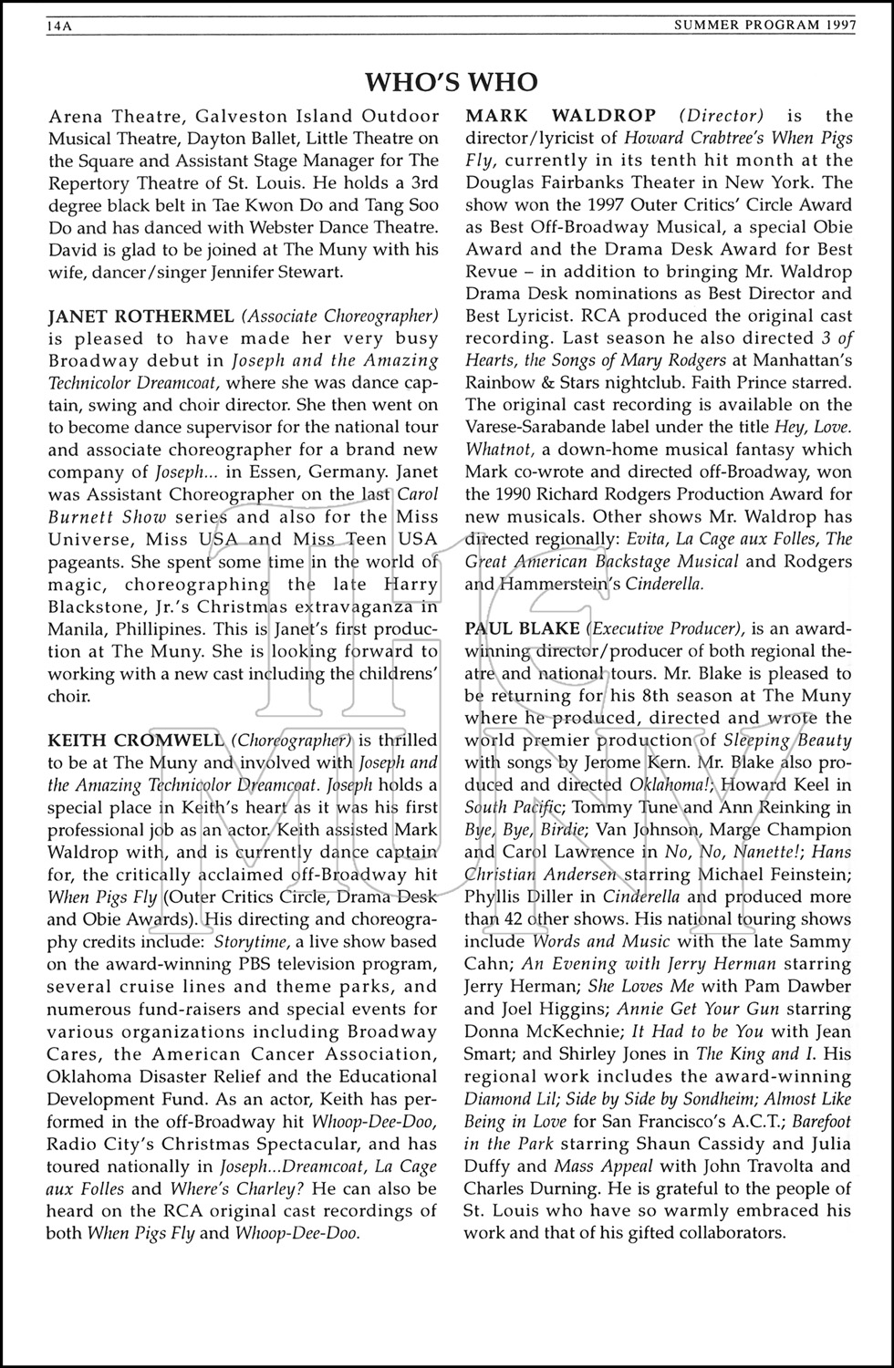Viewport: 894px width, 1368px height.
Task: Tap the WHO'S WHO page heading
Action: click(x=452, y=83)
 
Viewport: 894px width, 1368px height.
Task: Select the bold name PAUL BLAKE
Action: click(x=522, y=628)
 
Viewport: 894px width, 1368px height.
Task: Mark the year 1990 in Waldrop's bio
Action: click(x=525, y=494)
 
